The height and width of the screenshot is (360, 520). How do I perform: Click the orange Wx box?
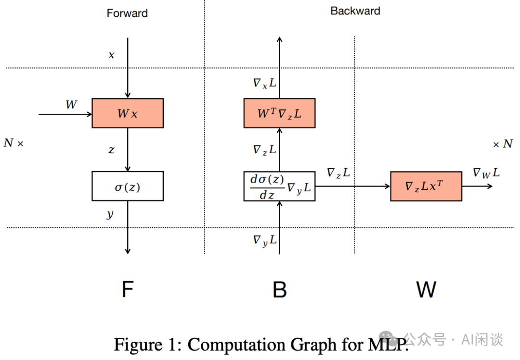(128, 113)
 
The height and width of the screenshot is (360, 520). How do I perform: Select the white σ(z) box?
(128, 186)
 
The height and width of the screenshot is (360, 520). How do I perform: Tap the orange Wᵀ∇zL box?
(280, 113)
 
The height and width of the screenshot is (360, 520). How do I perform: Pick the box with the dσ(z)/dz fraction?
(280, 186)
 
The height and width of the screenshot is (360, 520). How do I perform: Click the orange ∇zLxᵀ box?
(426, 186)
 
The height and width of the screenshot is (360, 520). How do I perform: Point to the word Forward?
(127, 13)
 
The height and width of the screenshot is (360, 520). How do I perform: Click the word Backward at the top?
(355, 11)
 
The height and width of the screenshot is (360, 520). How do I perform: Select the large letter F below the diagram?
(128, 289)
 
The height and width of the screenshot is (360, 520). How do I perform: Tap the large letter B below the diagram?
(280, 290)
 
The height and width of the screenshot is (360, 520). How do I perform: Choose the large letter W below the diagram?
(426, 290)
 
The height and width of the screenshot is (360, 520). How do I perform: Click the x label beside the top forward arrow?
(111, 55)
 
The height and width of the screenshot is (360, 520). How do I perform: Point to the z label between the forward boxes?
(111, 150)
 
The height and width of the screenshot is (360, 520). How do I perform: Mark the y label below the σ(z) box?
(110, 214)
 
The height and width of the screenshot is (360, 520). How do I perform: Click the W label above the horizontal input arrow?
(71, 105)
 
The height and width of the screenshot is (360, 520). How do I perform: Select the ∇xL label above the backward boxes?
(265, 83)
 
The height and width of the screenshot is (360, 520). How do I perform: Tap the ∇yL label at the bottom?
(265, 240)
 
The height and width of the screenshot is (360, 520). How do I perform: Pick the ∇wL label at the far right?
(486, 173)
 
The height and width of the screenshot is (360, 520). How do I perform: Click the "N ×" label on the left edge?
(13, 143)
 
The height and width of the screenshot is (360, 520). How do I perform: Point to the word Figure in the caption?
(138, 345)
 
